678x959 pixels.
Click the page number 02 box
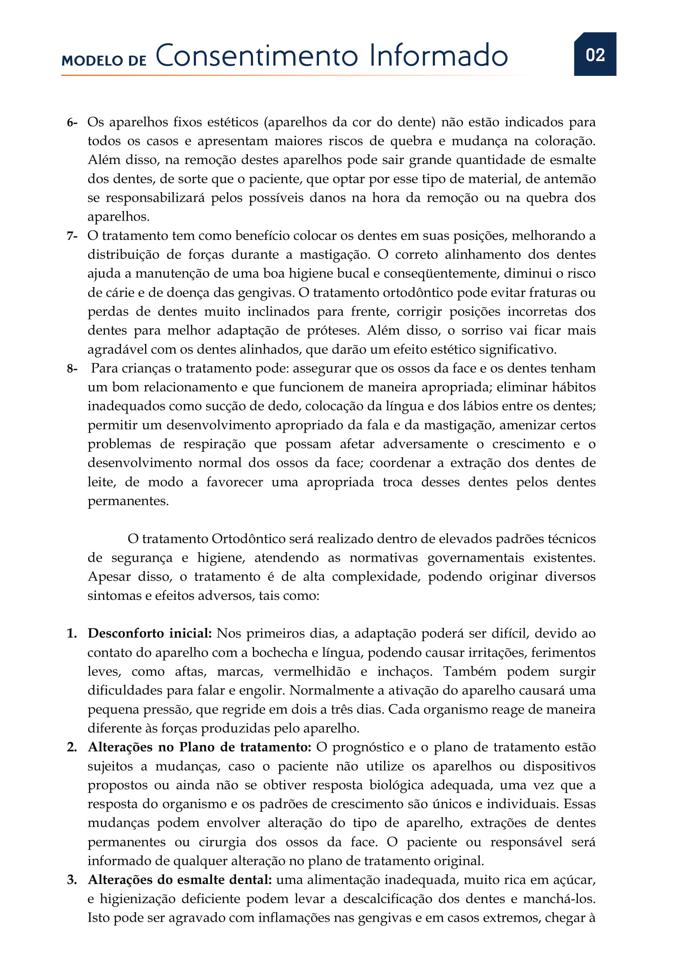[x=594, y=54]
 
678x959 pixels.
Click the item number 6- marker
[x=72, y=122]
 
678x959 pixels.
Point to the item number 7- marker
[x=72, y=236]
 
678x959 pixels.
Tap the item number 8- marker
[x=72, y=369]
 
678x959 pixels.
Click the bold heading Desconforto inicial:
[x=150, y=633]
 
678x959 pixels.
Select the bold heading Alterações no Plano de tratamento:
[x=200, y=747]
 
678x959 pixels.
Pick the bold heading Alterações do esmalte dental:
[x=180, y=879]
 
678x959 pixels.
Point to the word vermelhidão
[x=312, y=671]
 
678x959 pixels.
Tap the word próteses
[x=333, y=331]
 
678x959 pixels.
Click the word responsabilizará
[x=155, y=198]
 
